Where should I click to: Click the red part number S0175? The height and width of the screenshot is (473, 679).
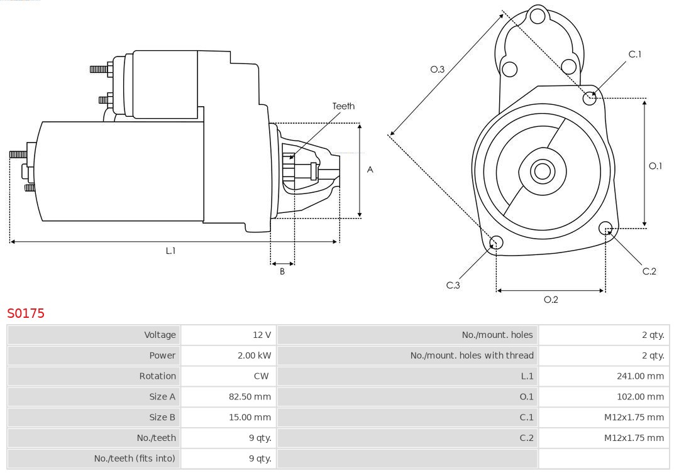pos(26,313)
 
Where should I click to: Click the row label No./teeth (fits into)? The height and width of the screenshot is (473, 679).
pos(135,459)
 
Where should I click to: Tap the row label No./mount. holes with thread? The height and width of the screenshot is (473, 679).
pos(472,356)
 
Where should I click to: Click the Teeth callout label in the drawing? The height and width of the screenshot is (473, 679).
pos(343,106)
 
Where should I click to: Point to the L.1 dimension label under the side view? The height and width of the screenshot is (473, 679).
pos(170,251)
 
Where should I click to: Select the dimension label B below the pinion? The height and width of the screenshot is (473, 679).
pos(282,272)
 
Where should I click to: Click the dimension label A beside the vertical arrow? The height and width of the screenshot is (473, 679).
pos(370,170)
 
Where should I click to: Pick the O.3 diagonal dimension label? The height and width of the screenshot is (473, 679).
pos(437,69)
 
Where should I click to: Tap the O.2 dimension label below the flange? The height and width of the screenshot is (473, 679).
pos(551,300)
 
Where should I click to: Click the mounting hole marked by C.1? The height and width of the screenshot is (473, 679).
pos(590,97)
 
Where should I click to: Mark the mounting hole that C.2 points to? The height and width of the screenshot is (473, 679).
pos(605,227)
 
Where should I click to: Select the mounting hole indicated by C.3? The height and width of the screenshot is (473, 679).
pos(496,243)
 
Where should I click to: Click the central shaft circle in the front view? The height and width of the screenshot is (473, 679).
pos(541,171)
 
